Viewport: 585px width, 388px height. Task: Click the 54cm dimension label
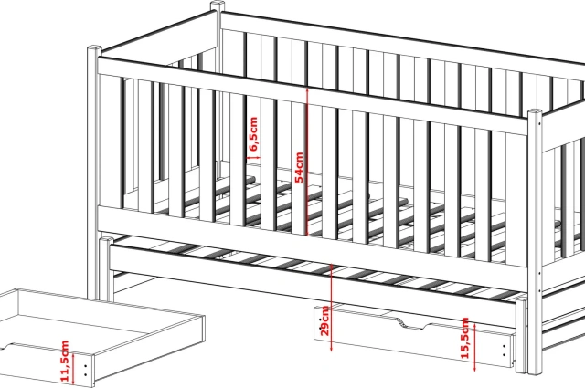click(x=299, y=167)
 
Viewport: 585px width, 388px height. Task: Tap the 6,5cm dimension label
click(x=253, y=134)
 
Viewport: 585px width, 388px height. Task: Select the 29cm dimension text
click(x=325, y=321)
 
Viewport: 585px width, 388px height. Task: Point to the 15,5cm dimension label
click(x=465, y=338)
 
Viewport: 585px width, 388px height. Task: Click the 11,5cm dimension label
click(x=65, y=361)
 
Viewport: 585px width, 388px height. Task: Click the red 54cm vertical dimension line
click(x=307, y=162)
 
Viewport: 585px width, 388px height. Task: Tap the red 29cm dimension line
click(x=331, y=308)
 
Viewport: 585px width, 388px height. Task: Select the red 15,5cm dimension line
click(x=475, y=347)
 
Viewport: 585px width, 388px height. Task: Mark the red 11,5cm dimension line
click(x=74, y=369)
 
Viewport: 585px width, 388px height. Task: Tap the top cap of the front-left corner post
click(x=94, y=48)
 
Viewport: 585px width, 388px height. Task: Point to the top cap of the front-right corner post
click(x=534, y=112)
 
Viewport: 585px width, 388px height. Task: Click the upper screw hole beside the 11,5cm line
click(x=86, y=367)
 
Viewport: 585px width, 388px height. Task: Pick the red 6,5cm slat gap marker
click(x=254, y=158)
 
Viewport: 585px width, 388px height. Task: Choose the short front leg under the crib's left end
click(x=106, y=269)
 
